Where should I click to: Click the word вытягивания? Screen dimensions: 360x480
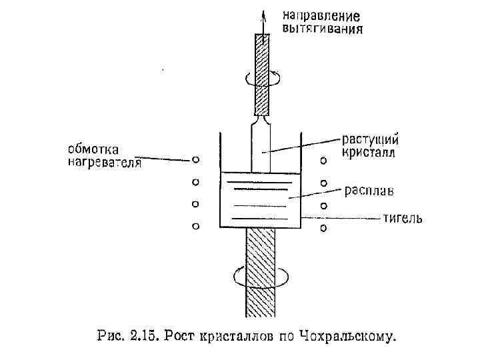tap(323, 29)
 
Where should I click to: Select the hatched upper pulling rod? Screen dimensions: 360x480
tap(263, 73)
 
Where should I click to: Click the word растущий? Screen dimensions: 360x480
tap(371, 139)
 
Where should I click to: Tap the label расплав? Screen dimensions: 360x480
tap(369, 191)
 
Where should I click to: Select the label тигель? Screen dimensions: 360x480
tap(402, 218)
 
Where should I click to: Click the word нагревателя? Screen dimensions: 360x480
tap(105, 163)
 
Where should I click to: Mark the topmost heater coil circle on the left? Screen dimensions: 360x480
tap(195, 159)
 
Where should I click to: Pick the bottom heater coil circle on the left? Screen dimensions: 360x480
tap(195, 226)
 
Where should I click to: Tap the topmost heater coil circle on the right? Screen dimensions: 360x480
tap(323, 160)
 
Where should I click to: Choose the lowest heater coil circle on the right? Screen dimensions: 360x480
tap(323, 229)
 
